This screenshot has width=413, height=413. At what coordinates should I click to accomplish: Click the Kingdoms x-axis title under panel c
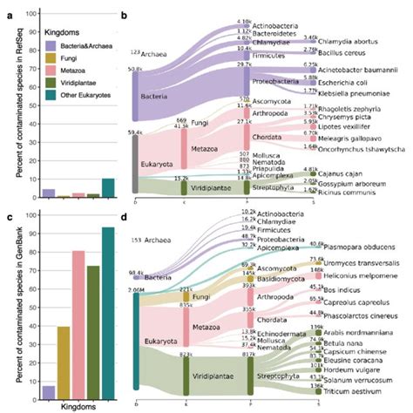click(x=78, y=405)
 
